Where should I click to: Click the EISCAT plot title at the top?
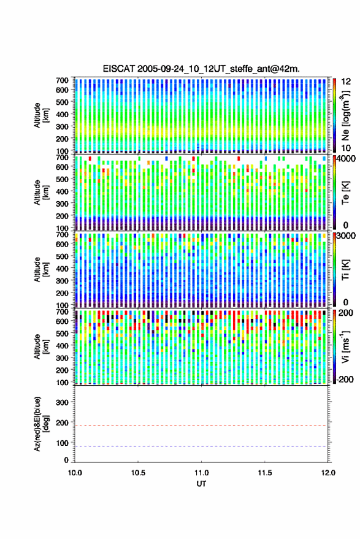pos(201,69)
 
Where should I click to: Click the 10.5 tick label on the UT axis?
pos(138,473)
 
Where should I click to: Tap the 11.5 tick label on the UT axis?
pos(264,473)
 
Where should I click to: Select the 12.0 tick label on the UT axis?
pos(328,473)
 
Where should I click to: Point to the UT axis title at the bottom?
pos(201,484)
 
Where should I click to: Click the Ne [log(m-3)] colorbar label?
pos(345,115)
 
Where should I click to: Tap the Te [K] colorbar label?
pos(345,193)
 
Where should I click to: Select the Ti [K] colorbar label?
pos(345,270)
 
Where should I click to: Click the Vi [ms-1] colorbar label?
pos(345,346)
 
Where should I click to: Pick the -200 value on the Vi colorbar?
pos(345,379)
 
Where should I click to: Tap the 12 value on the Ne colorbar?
pos(346,82)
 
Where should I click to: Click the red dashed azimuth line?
pos(201,426)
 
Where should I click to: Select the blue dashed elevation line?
pos(201,446)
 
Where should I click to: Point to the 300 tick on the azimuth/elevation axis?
pos(62,402)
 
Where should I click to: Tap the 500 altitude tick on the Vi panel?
pos(62,333)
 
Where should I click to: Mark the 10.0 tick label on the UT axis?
pos(75,473)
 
